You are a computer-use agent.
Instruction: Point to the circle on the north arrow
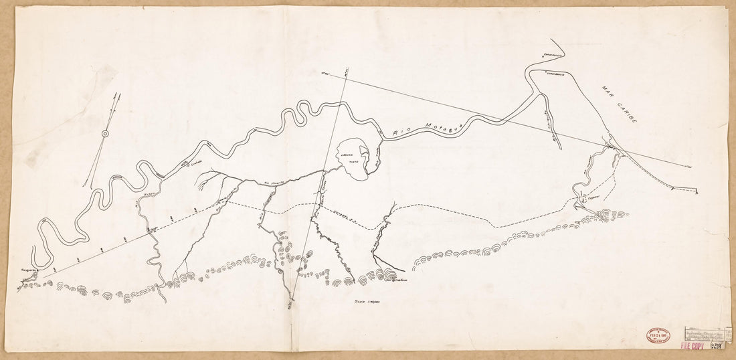[105, 134]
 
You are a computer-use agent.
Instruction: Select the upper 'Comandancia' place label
[553, 51]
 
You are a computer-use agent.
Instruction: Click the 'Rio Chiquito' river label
[547, 124]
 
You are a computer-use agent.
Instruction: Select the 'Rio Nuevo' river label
[143, 198]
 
